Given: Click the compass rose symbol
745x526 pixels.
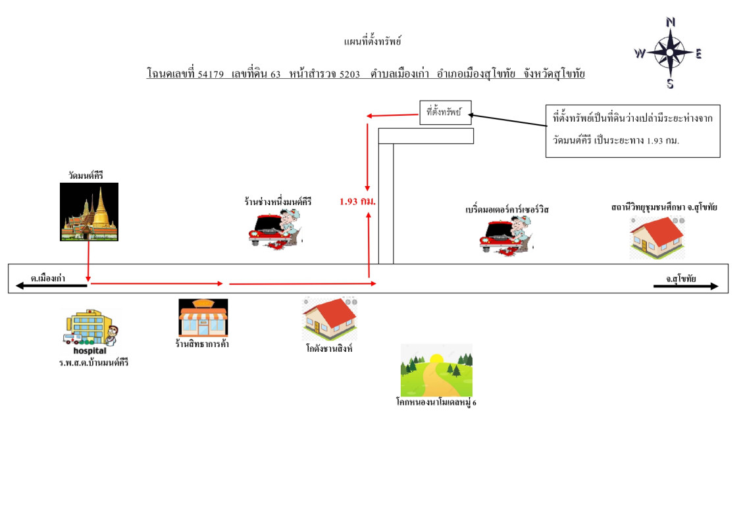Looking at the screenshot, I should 669,53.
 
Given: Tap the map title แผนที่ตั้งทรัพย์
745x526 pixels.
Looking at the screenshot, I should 372,42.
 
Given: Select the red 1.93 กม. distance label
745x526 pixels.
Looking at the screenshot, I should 357,201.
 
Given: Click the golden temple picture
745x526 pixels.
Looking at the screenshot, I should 89,212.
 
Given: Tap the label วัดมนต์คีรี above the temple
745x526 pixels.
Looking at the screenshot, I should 86,175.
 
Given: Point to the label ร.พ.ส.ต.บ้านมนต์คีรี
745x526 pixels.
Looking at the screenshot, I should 93,362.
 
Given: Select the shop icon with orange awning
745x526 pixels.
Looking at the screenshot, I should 203,318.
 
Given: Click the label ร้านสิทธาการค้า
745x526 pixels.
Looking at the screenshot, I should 202,345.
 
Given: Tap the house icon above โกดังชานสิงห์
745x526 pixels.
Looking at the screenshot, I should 330,318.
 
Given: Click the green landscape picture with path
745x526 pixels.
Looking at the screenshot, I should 436,370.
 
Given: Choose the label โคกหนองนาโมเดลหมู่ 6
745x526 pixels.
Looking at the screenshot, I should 436,402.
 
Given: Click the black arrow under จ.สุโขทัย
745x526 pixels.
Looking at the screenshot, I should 686,286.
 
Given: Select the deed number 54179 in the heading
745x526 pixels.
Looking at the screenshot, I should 211,74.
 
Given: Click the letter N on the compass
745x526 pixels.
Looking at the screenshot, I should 671,22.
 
